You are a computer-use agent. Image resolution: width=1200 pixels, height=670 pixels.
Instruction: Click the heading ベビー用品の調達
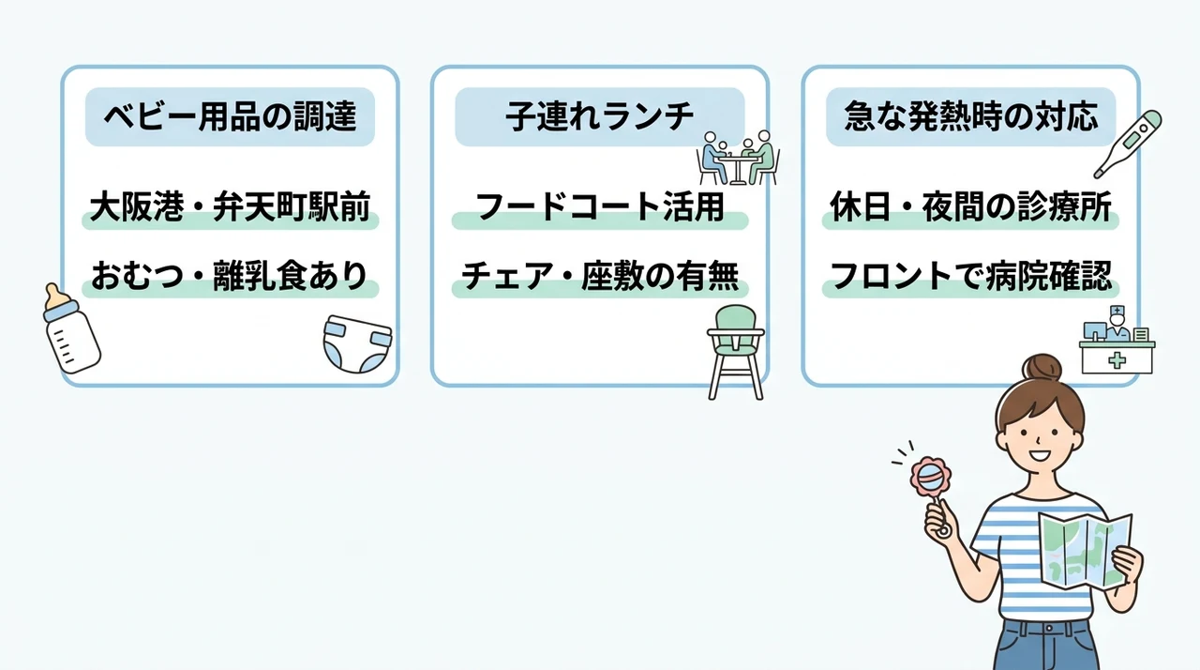pos(230,116)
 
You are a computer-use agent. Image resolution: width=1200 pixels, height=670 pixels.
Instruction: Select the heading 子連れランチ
pos(599,116)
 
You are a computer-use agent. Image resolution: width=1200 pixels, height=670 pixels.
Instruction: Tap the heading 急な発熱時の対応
pos(970,116)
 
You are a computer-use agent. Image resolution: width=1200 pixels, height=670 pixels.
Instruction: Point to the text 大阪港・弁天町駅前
pos(230,206)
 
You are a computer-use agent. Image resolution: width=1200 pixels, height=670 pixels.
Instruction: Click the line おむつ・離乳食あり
pos(230,276)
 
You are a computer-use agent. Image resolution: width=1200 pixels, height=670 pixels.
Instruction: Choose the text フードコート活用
pos(599,206)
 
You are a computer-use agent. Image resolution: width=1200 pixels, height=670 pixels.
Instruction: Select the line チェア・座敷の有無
pos(599,276)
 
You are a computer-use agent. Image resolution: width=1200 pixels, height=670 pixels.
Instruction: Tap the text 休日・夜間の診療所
pos(970,206)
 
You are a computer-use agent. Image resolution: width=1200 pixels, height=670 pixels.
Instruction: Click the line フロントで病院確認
pos(970,276)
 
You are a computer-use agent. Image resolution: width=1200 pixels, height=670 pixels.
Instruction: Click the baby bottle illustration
pos(71,329)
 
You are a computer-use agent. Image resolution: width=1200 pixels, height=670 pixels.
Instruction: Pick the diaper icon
pos(357,344)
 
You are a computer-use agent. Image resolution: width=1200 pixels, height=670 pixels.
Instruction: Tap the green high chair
pos(736,352)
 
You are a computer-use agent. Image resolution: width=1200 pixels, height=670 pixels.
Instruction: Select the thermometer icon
pos(1127,144)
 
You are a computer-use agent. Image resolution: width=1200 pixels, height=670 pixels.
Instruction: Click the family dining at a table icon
pos(738,159)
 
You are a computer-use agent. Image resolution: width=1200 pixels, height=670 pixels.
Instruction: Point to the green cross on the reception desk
pos(1117,360)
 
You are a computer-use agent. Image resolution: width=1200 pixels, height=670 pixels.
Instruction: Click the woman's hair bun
pos(1042,368)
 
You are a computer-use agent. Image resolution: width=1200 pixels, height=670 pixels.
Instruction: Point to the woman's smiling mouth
pos(1040,456)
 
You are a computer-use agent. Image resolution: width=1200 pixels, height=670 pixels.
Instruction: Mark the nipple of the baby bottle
pos(53,293)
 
